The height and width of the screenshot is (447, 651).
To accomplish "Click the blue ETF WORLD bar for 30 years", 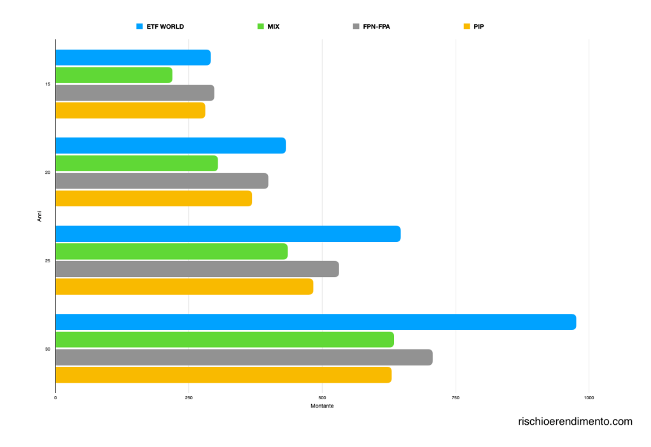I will pyautogui.click(x=316, y=322).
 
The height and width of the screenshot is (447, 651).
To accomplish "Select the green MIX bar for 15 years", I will pyautogui.click(x=114, y=75).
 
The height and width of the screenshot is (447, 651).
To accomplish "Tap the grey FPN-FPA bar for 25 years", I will pyautogui.click(x=197, y=269).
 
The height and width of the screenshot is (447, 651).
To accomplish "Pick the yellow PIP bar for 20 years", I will pyautogui.click(x=153, y=199).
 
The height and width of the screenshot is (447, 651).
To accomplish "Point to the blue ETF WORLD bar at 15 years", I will pyautogui.click(x=133, y=57).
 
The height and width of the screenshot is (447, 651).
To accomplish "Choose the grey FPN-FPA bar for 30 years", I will pyautogui.click(x=244, y=357).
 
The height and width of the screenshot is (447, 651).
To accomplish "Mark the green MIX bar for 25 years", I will pyautogui.click(x=172, y=252).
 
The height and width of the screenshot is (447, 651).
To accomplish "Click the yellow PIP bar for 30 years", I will pyautogui.click(x=223, y=375).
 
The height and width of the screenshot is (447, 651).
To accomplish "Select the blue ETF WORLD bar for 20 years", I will pyautogui.click(x=171, y=146).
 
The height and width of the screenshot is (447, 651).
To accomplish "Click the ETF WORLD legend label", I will pyautogui.click(x=165, y=27).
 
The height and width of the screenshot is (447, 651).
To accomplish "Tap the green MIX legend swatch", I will pyautogui.click(x=260, y=27).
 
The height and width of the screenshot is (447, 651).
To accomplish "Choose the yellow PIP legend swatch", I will pyautogui.click(x=466, y=27).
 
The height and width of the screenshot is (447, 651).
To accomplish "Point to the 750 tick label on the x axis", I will pyautogui.click(x=456, y=398).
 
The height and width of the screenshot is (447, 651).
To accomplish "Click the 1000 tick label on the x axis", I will pyautogui.click(x=589, y=398).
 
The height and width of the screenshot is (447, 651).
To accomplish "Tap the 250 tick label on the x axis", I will pyautogui.click(x=188, y=398).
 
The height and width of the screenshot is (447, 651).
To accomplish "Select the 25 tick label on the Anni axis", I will pyautogui.click(x=48, y=260).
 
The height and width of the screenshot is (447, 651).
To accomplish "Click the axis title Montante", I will pyautogui.click(x=322, y=406).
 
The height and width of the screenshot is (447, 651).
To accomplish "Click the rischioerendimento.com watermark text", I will pyautogui.click(x=575, y=422).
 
